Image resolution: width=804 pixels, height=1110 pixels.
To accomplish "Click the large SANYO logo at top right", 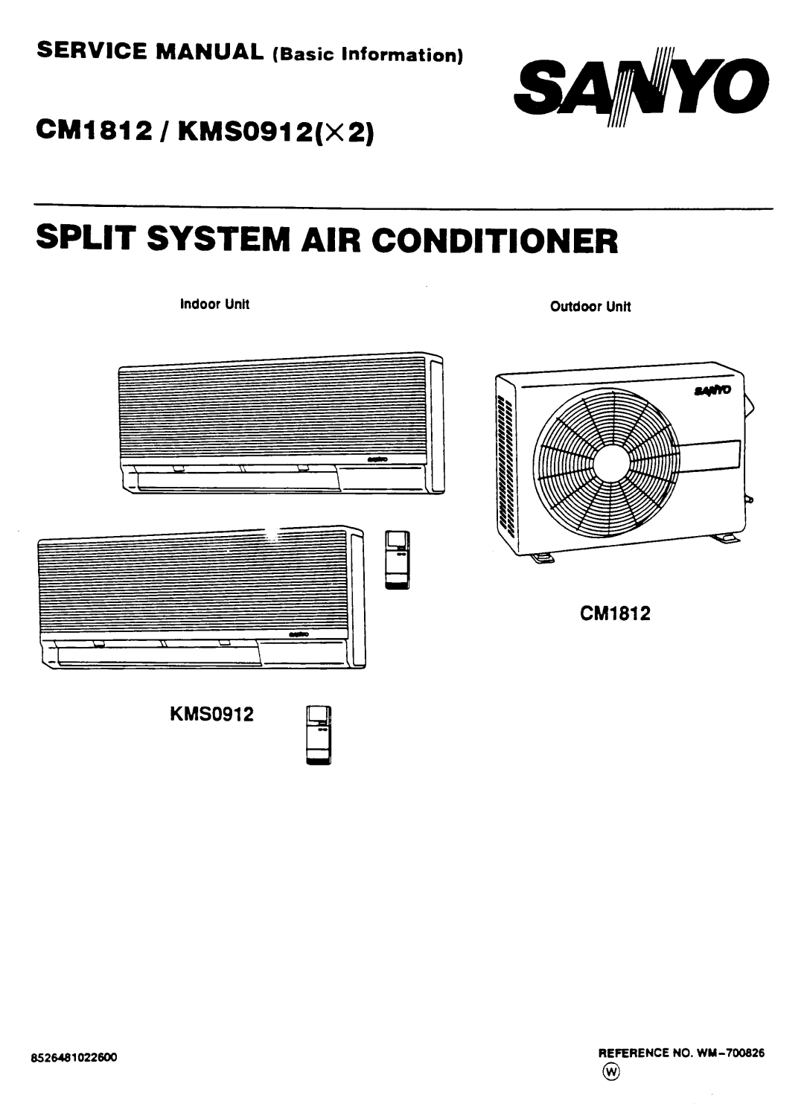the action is [642, 88].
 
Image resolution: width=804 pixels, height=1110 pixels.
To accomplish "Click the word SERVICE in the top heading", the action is [92, 51].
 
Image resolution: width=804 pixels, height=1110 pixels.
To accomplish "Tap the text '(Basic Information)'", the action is [368, 54].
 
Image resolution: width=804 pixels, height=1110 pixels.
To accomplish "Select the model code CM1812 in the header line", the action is [94, 131].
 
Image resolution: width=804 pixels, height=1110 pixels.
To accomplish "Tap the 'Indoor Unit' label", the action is [214, 304].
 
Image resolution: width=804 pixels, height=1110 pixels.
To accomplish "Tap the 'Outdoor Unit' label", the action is [590, 306].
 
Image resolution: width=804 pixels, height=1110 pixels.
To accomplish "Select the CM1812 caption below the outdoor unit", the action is [615, 613].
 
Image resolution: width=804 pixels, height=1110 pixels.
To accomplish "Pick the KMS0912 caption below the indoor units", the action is [211, 714].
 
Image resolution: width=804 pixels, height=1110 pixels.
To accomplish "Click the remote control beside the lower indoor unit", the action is [398, 560].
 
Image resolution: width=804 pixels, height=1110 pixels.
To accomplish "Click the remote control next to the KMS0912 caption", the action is [319, 735].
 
